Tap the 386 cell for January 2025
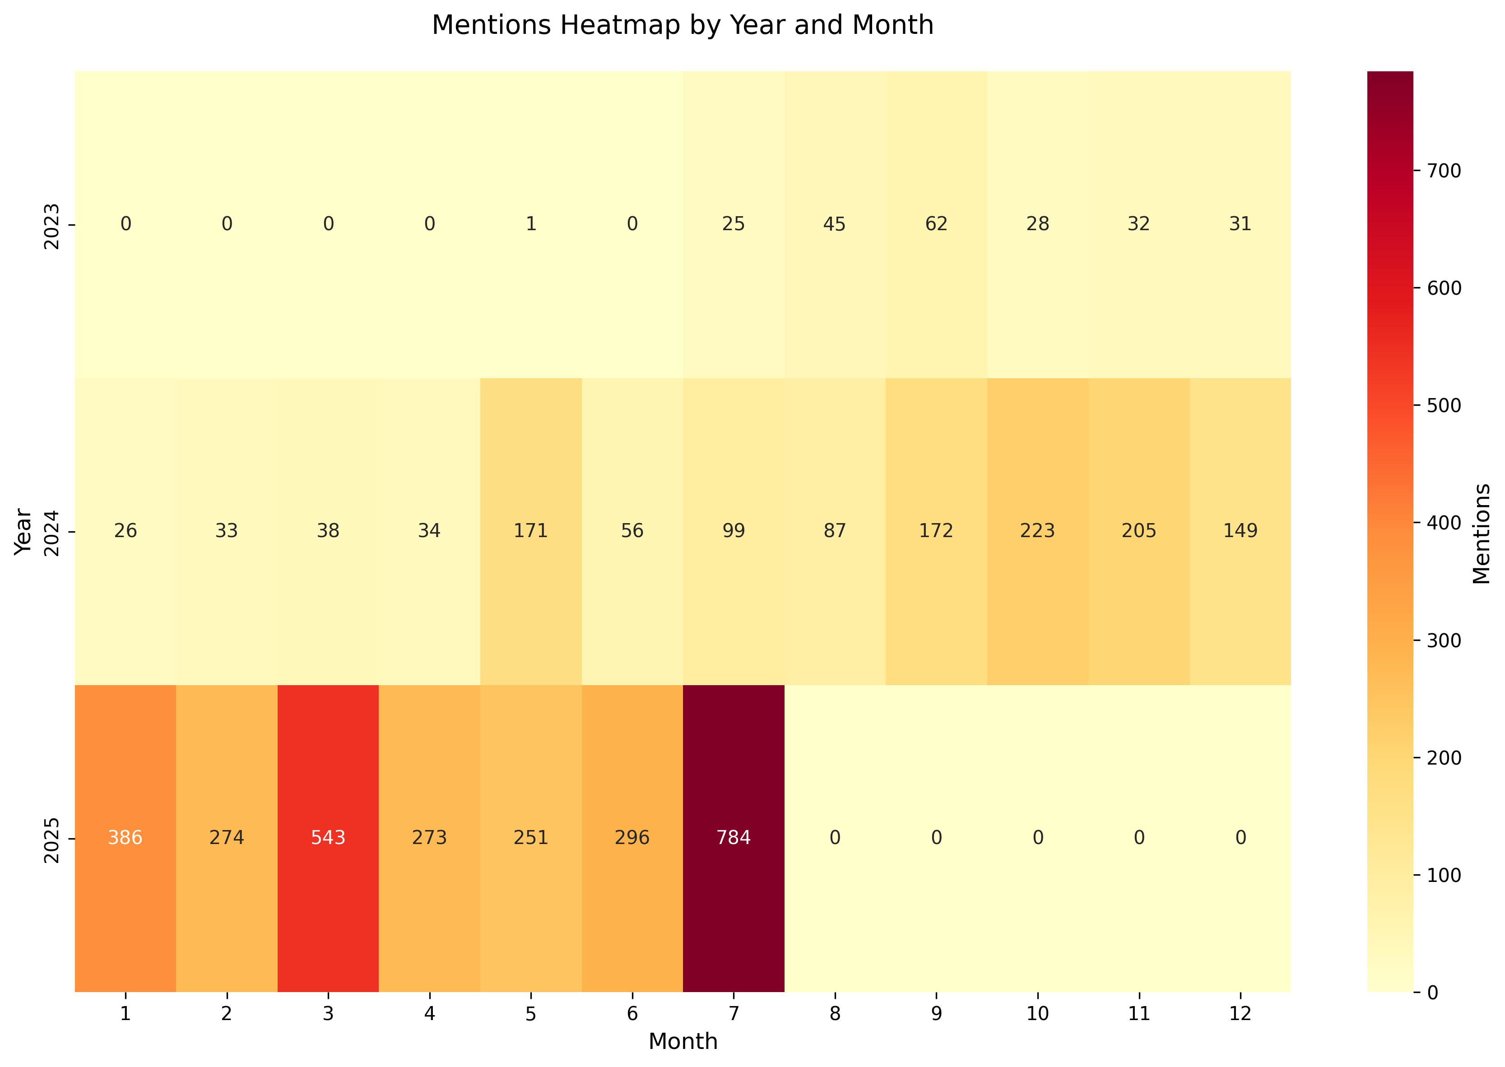125,838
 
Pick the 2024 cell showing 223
1037,531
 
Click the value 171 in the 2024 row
531,531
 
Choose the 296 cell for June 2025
632,838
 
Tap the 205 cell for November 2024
1138,531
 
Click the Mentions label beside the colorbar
1482,533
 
